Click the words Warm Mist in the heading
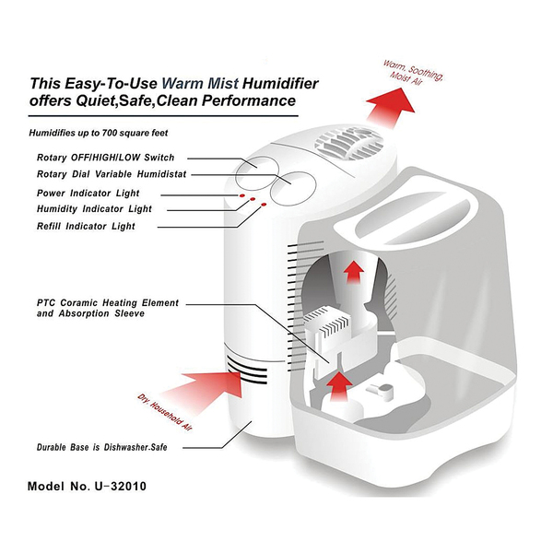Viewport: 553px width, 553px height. [x=200, y=84]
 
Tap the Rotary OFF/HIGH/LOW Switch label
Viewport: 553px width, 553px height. [x=105, y=158]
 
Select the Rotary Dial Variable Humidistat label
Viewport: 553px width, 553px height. [x=112, y=174]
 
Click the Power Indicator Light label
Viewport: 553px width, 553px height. [x=88, y=194]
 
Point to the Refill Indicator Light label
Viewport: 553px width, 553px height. [x=86, y=226]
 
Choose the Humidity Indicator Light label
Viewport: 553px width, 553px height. [x=94, y=209]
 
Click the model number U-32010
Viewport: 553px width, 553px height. [x=120, y=487]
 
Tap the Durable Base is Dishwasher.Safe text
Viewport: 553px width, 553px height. [x=102, y=447]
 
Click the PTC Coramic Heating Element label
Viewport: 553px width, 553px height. [x=108, y=303]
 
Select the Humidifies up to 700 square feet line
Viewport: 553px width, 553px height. [x=99, y=133]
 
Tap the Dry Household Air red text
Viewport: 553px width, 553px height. [x=165, y=412]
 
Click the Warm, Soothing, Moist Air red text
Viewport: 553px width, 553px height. [x=412, y=73]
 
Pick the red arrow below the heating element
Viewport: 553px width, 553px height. [x=339, y=386]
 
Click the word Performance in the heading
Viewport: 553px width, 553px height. [x=249, y=100]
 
